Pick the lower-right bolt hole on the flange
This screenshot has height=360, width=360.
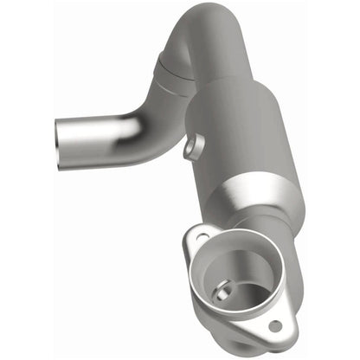click(275, 327)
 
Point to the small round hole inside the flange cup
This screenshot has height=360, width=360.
click(223, 294)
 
